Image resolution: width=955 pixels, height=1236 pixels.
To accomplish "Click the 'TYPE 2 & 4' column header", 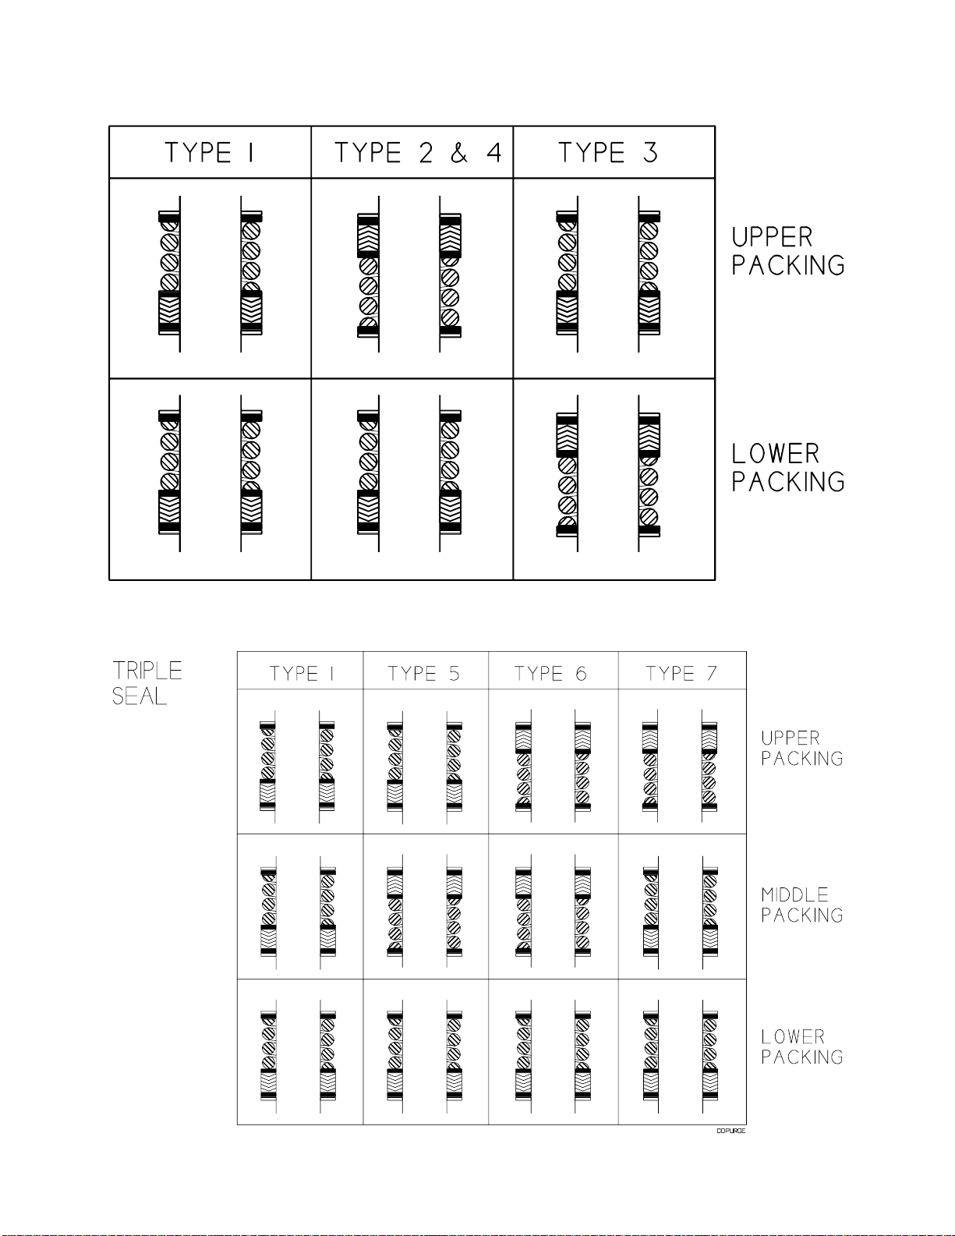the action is point(417,153).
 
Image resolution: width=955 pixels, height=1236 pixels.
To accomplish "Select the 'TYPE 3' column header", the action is point(608,153).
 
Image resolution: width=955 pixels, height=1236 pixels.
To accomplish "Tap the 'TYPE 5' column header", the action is point(423,674).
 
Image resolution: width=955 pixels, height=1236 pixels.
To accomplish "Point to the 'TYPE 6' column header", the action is point(550,674).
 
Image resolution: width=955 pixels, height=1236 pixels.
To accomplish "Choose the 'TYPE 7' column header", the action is point(681,674).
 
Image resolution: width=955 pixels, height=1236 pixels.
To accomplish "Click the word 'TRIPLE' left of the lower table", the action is point(147,671).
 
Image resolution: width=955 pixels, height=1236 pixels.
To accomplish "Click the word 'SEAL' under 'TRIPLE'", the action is point(140,696).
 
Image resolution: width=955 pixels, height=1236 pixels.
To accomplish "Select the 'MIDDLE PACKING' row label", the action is point(801,905).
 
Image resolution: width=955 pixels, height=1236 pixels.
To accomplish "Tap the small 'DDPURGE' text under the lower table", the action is point(730,1131).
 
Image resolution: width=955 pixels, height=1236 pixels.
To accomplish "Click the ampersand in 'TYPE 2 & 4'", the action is point(459,153).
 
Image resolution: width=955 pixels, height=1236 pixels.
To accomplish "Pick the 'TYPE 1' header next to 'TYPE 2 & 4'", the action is point(209,153).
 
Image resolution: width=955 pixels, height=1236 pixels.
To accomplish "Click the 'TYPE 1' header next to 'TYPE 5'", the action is point(301,674).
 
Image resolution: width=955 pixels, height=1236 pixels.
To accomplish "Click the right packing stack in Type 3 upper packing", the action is point(649,273).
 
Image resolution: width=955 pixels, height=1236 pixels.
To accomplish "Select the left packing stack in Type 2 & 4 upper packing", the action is point(368,274).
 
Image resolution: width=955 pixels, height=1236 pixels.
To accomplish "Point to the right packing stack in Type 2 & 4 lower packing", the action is point(451,473).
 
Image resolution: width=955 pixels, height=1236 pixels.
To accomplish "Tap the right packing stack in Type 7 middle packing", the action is point(709,912).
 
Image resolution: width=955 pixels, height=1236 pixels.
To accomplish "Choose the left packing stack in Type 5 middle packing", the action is point(395,912).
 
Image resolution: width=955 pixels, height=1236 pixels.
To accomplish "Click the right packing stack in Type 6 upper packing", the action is point(582,767).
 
